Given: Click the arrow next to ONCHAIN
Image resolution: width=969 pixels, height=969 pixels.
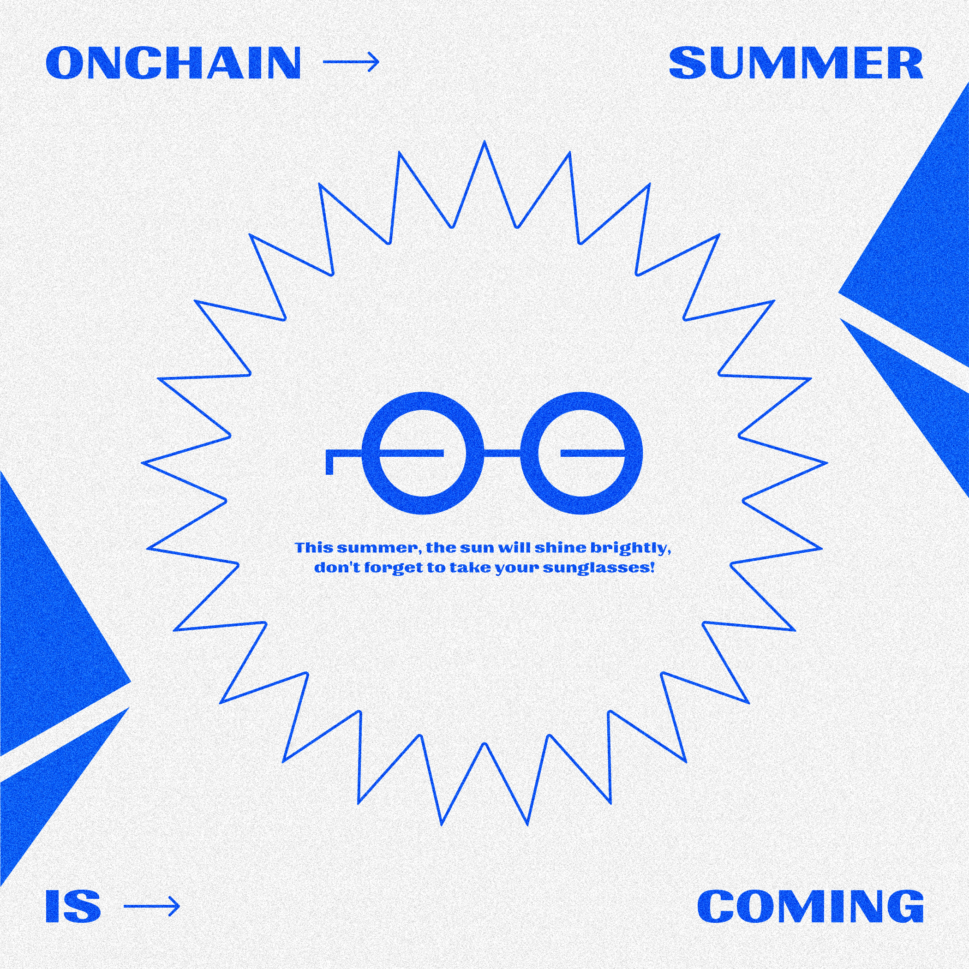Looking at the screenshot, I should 351,62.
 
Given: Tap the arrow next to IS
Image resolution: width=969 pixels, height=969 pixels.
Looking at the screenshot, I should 151,906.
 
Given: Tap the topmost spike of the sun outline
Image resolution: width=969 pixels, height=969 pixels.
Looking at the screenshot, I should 484,145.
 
